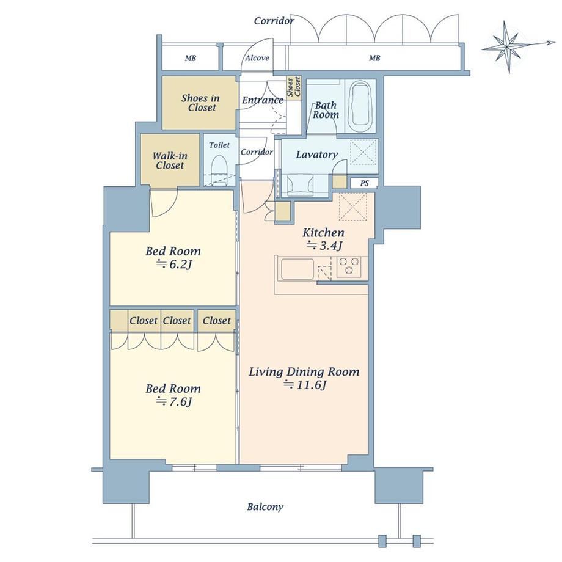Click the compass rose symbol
509,47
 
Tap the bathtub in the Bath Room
360,106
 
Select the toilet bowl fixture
219,170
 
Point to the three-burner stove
349,267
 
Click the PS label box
364,183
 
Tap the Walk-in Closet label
170,161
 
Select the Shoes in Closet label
200,103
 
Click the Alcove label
257,58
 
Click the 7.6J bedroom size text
175,402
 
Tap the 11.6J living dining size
305,385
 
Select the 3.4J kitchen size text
325,246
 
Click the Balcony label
265,507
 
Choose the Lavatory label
317,155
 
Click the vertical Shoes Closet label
294,87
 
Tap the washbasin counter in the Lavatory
301,185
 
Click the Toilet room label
219,145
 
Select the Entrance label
263,100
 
